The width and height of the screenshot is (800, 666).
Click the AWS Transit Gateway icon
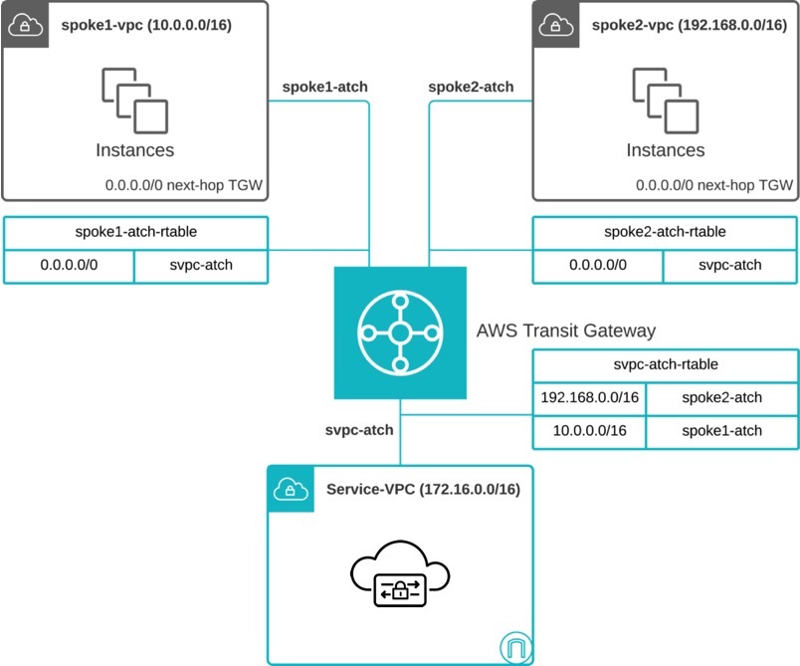pyautogui.click(x=399, y=333)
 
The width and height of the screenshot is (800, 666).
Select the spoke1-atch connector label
pyautogui.click(x=324, y=87)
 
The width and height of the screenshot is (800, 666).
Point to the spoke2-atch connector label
pyautogui.click(x=471, y=87)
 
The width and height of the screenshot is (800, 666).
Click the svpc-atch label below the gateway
pyautogui.click(x=359, y=430)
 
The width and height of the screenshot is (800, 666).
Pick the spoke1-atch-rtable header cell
pyautogui.click(x=135, y=232)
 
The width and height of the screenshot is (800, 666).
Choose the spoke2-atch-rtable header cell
pyautogui.click(x=665, y=232)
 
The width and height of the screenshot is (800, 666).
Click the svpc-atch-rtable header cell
pyautogui.click(x=665, y=365)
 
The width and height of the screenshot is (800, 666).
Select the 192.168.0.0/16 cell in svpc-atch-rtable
pyautogui.click(x=589, y=398)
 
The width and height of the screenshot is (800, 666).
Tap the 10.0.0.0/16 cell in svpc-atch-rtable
pyautogui.click(x=589, y=431)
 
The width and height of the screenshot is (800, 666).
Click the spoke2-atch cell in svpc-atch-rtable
pyautogui.click(x=721, y=398)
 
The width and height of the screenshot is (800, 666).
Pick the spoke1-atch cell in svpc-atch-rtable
pyautogui.click(x=721, y=431)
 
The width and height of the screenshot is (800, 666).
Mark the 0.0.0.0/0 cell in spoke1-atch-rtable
pyautogui.click(x=68, y=266)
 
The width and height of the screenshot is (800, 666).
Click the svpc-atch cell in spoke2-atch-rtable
pyautogui.click(x=729, y=266)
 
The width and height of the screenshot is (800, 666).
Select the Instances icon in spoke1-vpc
pyautogui.click(x=134, y=100)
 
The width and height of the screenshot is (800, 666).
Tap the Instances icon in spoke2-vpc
pyautogui.click(x=665, y=100)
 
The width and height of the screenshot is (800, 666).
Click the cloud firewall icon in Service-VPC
pyautogui.click(x=400, y=579)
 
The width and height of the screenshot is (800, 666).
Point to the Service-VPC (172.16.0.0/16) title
pyautogui.click(x=423, y=490)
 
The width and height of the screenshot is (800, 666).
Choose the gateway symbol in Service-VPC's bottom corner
pyautogui.click(x=512, y=647)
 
